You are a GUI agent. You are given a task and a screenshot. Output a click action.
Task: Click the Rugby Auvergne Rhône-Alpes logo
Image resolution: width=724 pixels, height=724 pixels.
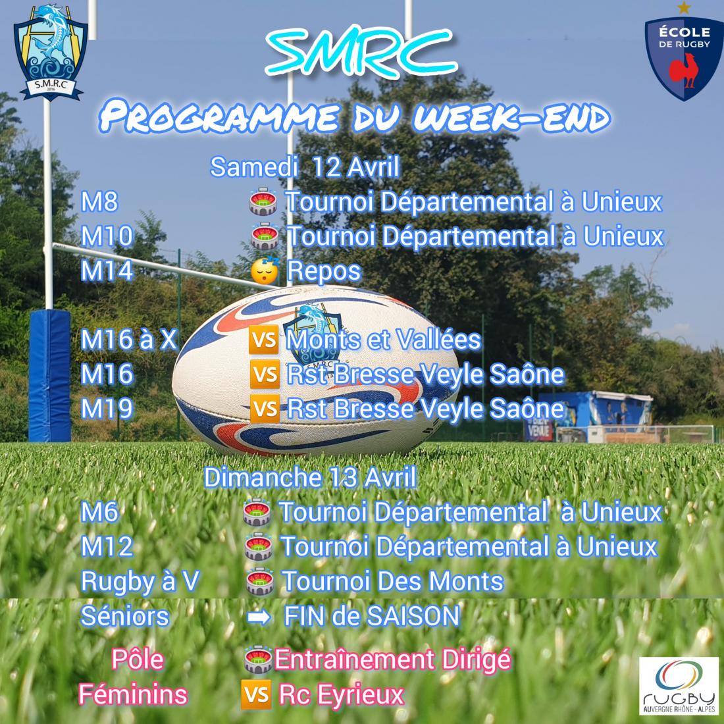pos(679,686)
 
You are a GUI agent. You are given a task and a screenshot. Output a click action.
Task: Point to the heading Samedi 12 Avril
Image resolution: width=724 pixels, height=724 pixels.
pos(305,167)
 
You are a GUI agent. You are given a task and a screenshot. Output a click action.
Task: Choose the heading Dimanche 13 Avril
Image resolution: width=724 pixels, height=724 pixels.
pos(310,477)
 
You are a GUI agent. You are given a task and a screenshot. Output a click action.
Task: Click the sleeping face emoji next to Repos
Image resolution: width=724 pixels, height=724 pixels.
pos(265,271)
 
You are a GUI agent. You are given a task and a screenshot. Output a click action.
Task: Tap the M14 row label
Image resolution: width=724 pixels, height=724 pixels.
pos(107,271)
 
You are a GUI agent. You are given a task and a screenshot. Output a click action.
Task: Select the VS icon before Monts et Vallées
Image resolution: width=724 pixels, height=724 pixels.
pos(264,340)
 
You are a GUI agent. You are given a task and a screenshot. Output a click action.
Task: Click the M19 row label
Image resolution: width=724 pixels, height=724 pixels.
pos(107,409)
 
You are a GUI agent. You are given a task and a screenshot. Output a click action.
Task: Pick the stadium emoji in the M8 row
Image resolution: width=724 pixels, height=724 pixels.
pos(263,202)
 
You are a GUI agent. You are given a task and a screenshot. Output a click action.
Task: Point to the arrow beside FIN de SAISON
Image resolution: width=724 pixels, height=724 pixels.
pos(259,617)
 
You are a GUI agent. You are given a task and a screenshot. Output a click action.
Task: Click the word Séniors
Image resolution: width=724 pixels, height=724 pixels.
pos(124,616)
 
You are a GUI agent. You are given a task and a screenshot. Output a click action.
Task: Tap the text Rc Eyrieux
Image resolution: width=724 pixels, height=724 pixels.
pos(341,695)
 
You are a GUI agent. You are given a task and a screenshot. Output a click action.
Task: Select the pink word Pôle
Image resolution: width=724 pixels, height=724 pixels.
pos(138,659)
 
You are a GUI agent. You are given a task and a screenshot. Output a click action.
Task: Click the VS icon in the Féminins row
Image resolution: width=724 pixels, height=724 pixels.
pos(256,694)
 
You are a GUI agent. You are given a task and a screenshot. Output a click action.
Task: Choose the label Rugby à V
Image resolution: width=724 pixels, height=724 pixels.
pos(140,581)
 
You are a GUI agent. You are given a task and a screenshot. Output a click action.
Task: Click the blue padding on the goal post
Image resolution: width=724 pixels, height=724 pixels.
pos(50,376)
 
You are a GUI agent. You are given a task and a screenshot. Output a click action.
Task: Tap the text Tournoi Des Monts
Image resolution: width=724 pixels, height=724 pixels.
pos(392,581)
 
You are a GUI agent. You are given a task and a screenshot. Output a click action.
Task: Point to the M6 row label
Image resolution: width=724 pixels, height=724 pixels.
pos(100,512)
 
